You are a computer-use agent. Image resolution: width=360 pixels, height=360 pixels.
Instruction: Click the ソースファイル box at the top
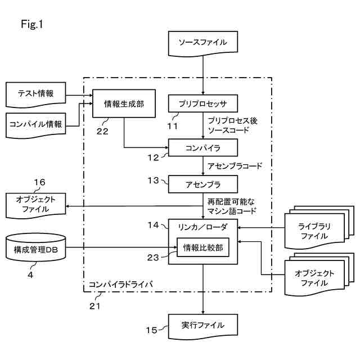tap(203, 43)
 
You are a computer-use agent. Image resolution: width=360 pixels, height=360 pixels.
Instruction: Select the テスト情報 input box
tap(35, 94)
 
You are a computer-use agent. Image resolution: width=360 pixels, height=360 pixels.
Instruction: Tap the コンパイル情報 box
tap(35, 124)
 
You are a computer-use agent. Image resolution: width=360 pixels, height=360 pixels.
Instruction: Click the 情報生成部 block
tap(124, 103)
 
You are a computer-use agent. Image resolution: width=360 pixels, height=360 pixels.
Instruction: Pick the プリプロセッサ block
tap(203, 103)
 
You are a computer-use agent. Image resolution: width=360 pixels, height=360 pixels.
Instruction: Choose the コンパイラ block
tap(203, 148)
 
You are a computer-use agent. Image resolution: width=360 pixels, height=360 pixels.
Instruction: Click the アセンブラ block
tap(203, 184)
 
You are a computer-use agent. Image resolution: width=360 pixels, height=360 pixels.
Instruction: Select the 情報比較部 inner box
tap(203, 247)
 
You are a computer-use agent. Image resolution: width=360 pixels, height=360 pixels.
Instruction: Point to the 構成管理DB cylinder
tap(35, 247)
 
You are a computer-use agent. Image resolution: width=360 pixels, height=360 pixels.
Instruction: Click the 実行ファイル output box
tap(203, 326)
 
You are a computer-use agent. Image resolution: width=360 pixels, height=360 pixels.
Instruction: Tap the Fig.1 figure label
tap(32, 24)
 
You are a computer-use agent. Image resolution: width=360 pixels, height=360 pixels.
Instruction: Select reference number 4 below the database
tap(32, 276)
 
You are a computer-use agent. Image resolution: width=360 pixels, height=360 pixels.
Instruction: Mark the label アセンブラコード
tap(235, 166)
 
